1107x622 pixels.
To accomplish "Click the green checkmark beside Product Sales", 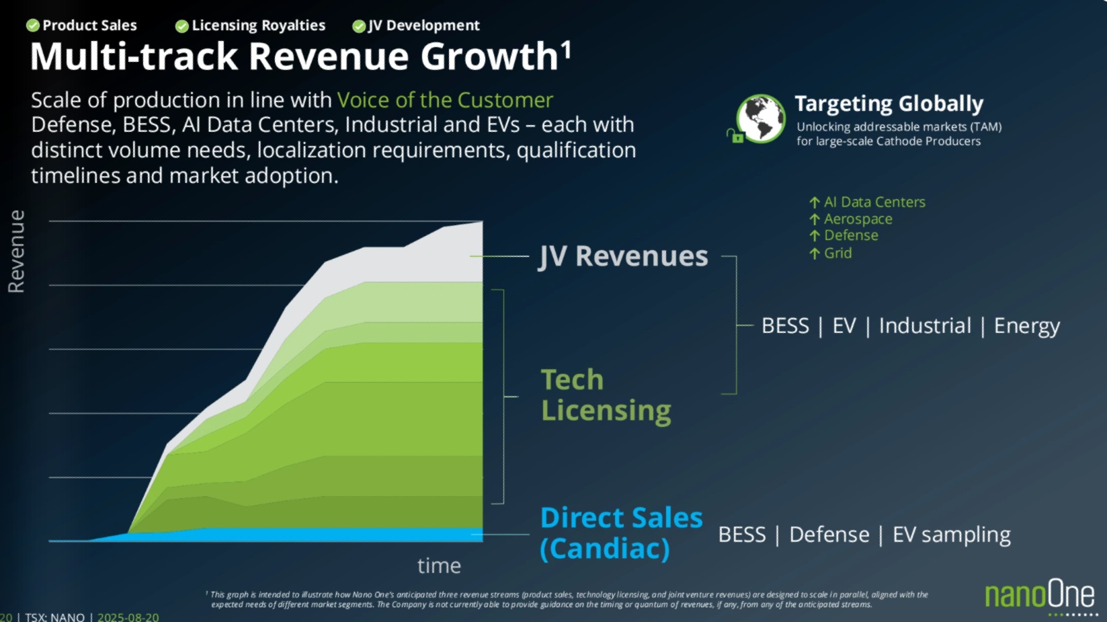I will [x=32, y=26].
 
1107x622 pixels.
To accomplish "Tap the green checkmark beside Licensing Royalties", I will [x=181, y=26].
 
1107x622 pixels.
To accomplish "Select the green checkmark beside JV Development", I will [x=359, y=26].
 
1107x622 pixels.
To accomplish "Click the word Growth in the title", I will [x=489, y=56].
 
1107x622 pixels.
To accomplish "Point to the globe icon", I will [x=760, y=118].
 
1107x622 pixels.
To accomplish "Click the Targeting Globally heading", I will [x=889, y=104].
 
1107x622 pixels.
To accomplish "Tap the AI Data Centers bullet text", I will [x=874, y=202].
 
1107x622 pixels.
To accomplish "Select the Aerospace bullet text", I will [x=858, y=219].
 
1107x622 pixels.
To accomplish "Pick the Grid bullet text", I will [x=837, y=253].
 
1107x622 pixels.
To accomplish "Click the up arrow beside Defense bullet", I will [x=815, y=235].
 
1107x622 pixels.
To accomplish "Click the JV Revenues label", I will [x=623, y=256].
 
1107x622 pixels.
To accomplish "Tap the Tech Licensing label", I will [x=605, y=395].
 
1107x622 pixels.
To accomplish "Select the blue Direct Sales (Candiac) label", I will [x=621, y=533].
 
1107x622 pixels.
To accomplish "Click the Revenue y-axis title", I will [x=16, y=251].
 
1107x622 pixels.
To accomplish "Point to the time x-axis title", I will [x=439, y=566].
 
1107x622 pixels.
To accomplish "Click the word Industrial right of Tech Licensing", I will [x=925, y=325].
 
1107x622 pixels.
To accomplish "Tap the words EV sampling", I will [x=951, y=535].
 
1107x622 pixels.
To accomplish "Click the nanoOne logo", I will [x=1040, y=595].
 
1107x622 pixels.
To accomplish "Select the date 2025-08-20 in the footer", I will [x=128, y=617].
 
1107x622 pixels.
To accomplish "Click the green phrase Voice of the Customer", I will [x=445, y=100].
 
